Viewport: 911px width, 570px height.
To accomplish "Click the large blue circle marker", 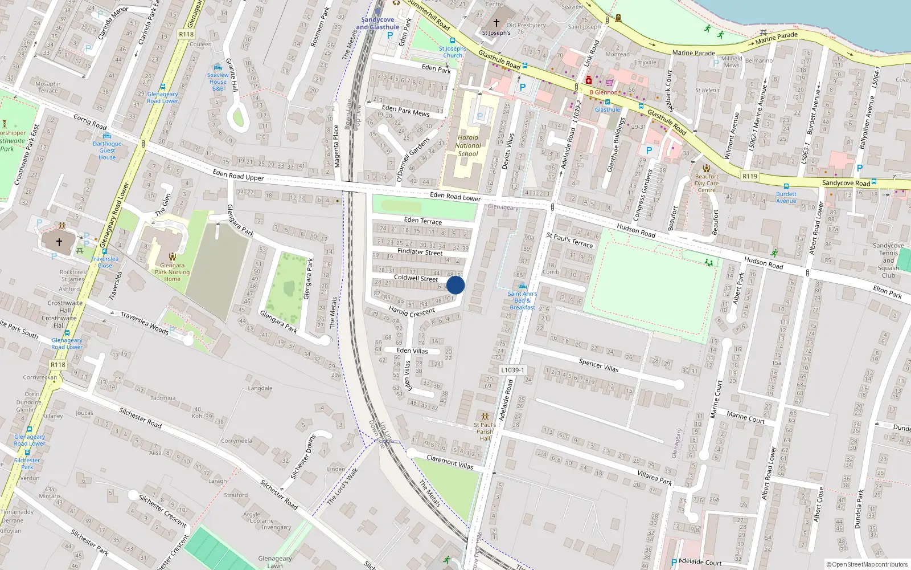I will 455,285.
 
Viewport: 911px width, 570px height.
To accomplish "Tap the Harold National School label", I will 468,145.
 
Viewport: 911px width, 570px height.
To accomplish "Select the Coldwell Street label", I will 416,278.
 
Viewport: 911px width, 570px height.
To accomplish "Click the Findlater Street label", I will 420,251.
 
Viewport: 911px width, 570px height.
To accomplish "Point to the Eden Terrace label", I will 422,220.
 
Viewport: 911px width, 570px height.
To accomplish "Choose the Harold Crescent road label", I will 412,312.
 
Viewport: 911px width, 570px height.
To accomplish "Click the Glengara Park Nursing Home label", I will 172,272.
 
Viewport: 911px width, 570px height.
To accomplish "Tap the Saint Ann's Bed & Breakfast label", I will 522,300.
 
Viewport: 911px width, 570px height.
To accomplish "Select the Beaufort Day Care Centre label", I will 707,183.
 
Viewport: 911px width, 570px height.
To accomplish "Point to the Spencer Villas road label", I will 598,365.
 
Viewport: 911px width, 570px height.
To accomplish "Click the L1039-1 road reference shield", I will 512,370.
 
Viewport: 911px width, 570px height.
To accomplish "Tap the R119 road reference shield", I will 750,176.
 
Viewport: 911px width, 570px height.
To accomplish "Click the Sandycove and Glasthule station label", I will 377,23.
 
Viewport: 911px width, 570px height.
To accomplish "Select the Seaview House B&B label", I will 218,82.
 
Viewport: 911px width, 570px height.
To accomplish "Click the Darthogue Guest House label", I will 107,150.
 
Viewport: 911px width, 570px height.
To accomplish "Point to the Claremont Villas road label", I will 450,462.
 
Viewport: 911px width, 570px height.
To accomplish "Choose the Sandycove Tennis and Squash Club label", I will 888,260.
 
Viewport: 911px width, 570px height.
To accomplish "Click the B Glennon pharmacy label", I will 604,92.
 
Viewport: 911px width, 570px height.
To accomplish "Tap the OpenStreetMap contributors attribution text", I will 867,564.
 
